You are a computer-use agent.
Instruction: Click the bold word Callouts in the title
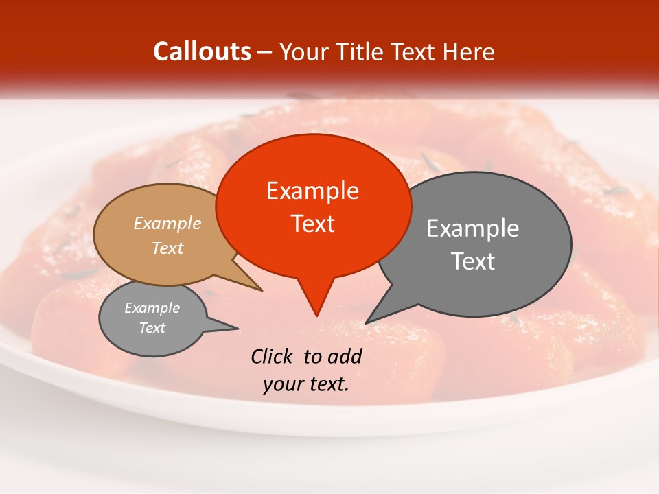click(x=203, y=51)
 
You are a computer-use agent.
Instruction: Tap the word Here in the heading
click(x=468, y=51)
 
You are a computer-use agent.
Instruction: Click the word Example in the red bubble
click(x=312, y=191)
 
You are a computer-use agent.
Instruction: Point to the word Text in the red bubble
click(x=312, y=224)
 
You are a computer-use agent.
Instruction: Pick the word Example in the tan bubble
click(x=167, y=223)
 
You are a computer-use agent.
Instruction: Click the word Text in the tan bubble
click(x=167, y=248)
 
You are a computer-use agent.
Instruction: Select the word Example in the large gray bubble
click(x=473, y=228)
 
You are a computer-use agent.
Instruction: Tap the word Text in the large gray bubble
click(x=473, y=261)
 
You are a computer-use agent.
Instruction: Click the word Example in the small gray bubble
click(x=152, y=308)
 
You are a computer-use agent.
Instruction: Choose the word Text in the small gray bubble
click(x=152, y=328)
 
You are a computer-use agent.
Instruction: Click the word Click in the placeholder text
click(x=273, y=356)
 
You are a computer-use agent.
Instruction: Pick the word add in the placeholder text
click(x=345, y=356)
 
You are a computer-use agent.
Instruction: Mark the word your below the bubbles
click(x=281, y=384)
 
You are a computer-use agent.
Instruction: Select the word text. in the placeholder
click(x=327, y=384)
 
